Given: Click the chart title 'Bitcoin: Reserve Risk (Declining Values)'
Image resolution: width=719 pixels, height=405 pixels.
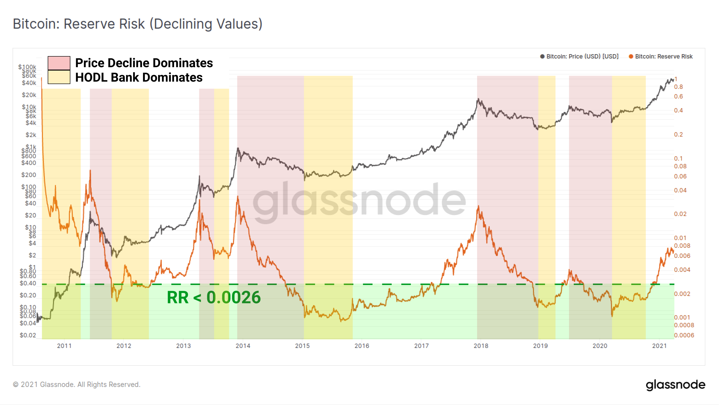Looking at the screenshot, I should click(138, 24).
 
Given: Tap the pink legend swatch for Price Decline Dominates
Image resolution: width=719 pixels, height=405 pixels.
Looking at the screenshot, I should click(59, 63).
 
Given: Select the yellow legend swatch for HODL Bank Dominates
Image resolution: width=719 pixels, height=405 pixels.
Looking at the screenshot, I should click(59, 77).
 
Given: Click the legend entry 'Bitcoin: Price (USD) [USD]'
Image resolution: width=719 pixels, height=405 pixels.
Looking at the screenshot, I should click(582, 56).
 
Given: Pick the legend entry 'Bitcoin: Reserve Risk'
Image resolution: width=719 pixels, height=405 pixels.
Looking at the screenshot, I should click(663, 56).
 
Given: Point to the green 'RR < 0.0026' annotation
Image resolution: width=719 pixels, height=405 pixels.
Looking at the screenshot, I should click(214, 297).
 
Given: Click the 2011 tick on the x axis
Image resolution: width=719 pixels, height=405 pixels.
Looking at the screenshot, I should click(64, 346).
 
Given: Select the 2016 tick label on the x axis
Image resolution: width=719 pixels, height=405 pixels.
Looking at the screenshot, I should click(362, 346).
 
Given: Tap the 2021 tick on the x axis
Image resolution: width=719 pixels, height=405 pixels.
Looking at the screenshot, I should click(659, 346).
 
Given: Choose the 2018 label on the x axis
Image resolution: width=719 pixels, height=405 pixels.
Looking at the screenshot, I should click(481, 346).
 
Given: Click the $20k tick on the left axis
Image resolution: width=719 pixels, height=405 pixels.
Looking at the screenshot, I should click(29, 95).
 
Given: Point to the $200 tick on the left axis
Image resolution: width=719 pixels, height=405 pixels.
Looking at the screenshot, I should click(29, 175).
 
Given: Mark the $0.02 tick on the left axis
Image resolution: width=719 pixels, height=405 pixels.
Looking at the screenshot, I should click(28, 335).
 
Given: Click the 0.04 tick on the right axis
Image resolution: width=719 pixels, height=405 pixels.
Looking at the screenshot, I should click(680, 190).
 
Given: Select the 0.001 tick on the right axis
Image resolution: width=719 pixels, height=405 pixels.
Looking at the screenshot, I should click(682, 317).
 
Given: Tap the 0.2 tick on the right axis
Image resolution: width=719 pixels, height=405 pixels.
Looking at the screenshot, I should click(679, 135).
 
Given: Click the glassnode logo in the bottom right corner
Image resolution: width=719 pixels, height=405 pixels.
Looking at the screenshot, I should click(675, 385).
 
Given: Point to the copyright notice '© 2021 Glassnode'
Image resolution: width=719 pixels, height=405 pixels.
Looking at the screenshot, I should click(77, 384).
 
